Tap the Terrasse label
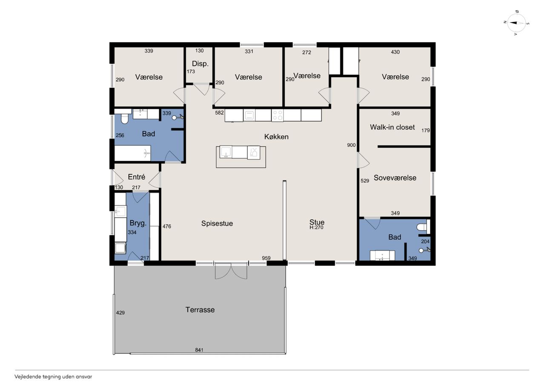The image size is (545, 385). [200, 310]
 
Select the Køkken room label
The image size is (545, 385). [276, 137]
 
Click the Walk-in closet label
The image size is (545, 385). [392, 127]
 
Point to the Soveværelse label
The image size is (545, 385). [395, 178]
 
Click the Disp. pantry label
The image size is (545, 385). [200, 64]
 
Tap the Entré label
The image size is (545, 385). [137, 177]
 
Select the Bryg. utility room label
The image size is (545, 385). [138, 223]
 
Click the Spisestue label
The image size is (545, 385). [217, 223]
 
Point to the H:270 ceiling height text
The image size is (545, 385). [316, 228]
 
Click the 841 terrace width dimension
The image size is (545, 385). [199, 350]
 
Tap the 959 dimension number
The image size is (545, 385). [266, 258]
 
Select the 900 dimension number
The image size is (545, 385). [351, 145]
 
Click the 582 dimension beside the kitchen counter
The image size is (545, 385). [219, 113]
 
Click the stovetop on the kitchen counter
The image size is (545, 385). [277, 115]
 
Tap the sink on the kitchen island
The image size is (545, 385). [226, 152]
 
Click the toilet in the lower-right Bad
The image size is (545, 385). [423, 227]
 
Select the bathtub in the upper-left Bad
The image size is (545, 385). [132, 153]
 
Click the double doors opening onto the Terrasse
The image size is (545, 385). [231, 271]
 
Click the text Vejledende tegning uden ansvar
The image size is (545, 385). [53, 377]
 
